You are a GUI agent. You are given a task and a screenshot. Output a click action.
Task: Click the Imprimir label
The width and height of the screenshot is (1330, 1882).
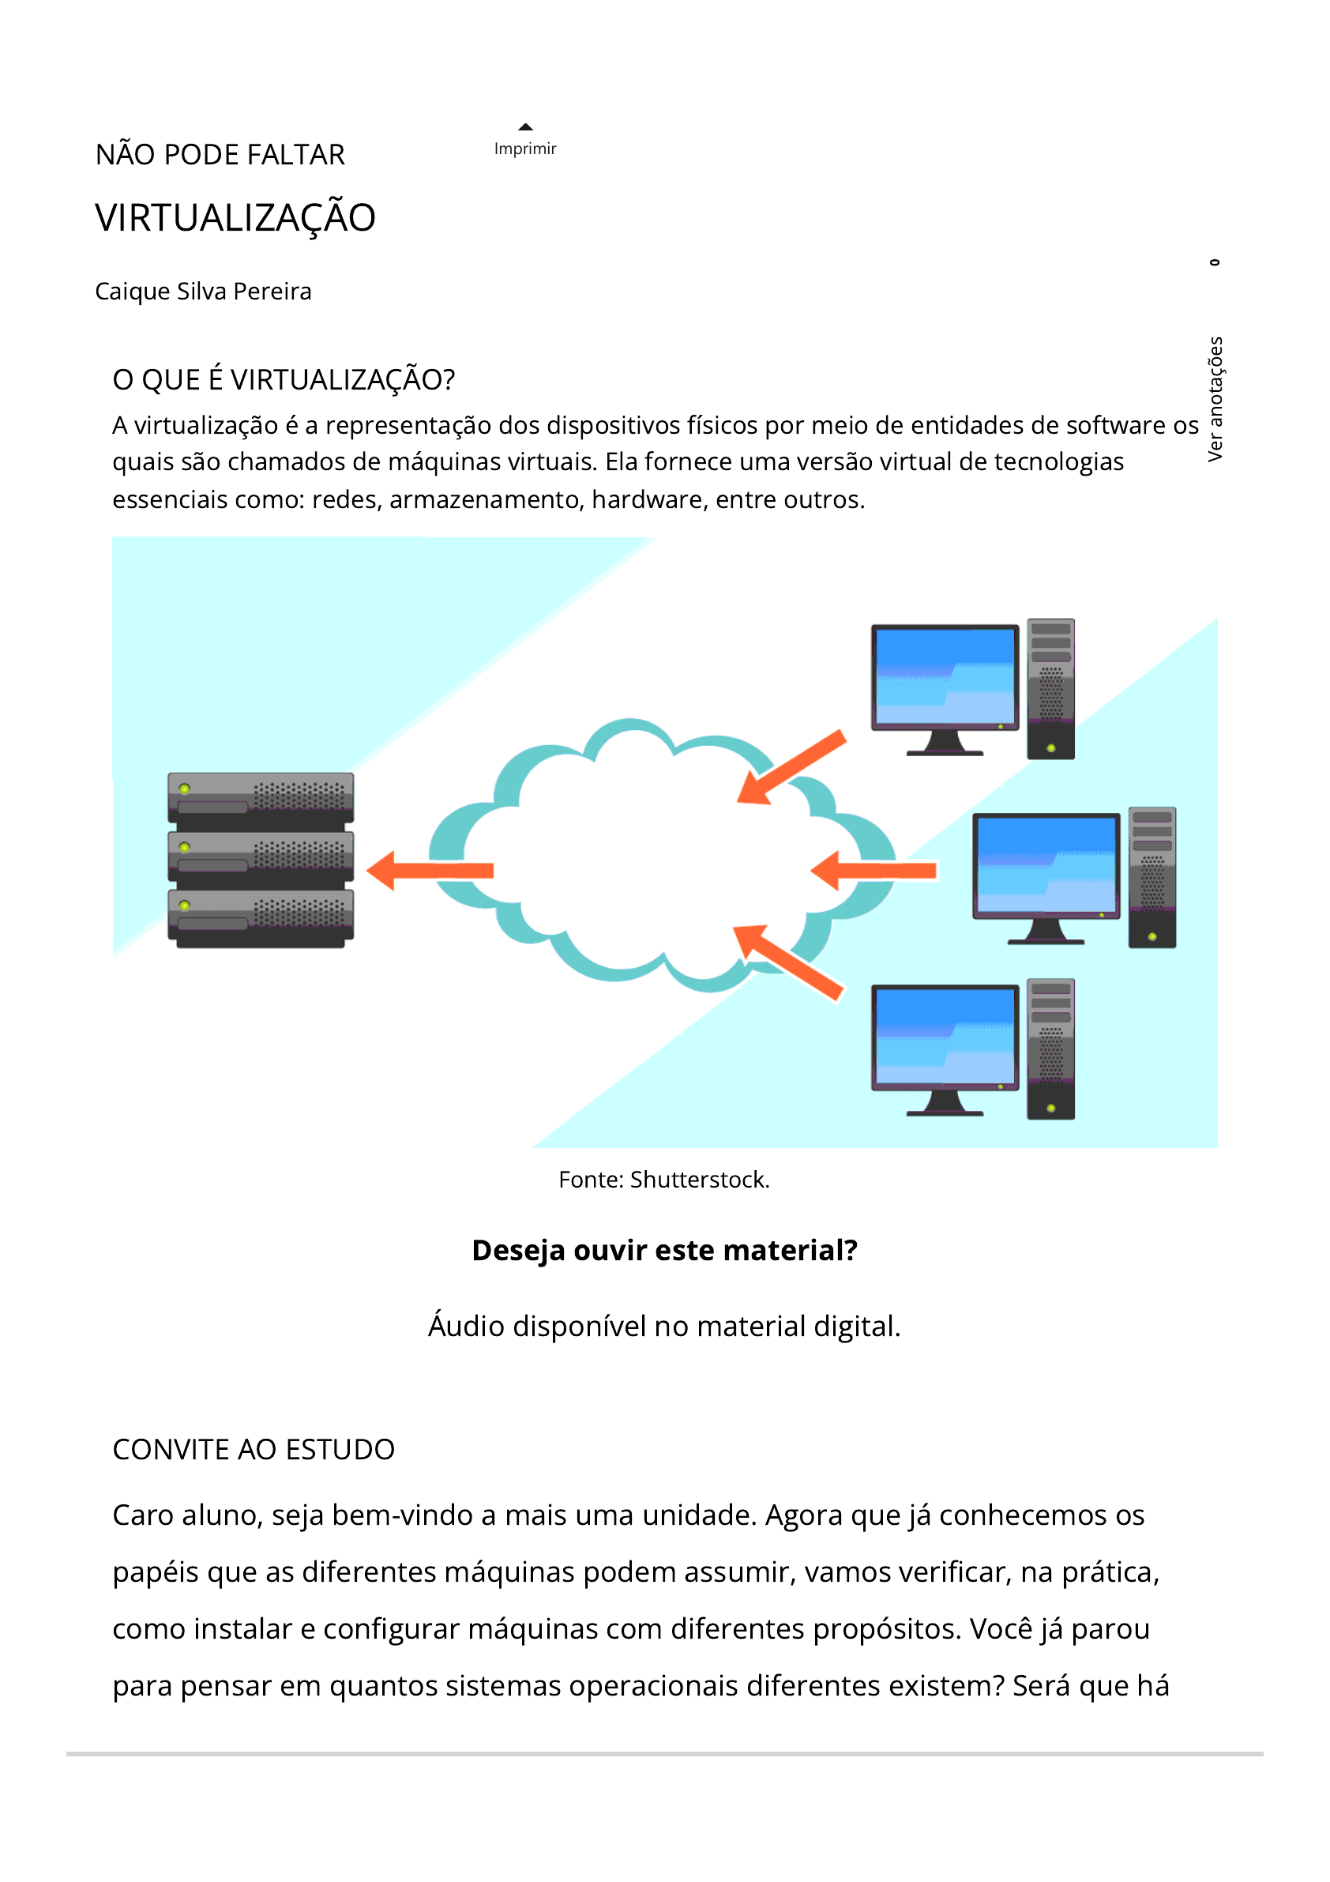point(524,149)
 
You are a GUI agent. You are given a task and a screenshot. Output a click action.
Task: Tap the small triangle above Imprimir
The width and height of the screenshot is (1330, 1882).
point(525,126)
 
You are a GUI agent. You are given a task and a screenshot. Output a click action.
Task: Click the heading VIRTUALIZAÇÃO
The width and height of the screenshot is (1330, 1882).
point(235,218)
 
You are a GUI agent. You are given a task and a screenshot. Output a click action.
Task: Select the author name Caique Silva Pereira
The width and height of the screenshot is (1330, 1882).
point(203,291)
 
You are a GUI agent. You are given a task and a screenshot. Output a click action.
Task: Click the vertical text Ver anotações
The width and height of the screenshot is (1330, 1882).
point(1215,398)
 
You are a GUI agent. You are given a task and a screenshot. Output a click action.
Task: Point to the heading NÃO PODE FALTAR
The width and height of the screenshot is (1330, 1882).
point(220,155)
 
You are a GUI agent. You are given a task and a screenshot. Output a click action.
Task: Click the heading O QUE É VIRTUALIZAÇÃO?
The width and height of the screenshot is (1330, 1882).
point(284,379)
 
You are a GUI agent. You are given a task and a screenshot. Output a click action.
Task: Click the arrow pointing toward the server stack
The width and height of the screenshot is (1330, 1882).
point(430,870)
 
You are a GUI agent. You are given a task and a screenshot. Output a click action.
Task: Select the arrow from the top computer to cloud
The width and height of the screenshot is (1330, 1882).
point(791,767)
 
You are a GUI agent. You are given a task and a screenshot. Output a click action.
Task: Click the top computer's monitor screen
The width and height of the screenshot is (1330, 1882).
point(944,676)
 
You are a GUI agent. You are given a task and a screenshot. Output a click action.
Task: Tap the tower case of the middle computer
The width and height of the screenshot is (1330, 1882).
point(1152,877)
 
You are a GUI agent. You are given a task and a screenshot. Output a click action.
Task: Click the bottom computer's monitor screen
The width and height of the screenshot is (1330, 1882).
point(944,1037)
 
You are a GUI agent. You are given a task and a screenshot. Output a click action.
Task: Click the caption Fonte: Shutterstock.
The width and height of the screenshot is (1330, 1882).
point(663,1180)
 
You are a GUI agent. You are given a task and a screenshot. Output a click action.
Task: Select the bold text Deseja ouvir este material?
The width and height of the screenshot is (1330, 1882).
point(664,1250)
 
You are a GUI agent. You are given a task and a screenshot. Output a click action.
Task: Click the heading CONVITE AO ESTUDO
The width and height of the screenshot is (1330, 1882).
point(254,1449)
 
